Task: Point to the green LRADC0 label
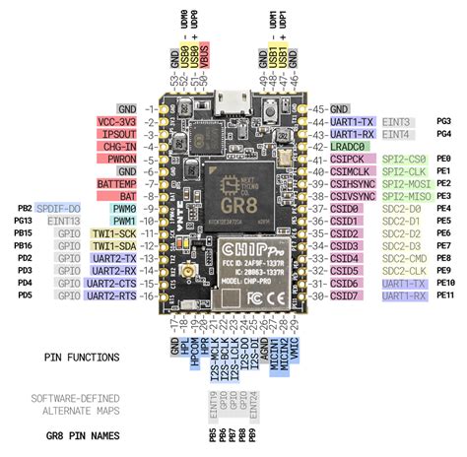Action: (350, 146)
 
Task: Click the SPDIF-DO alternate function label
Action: (60, 210)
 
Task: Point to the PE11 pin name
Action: (445, 294)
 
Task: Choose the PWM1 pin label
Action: (123, 222)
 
